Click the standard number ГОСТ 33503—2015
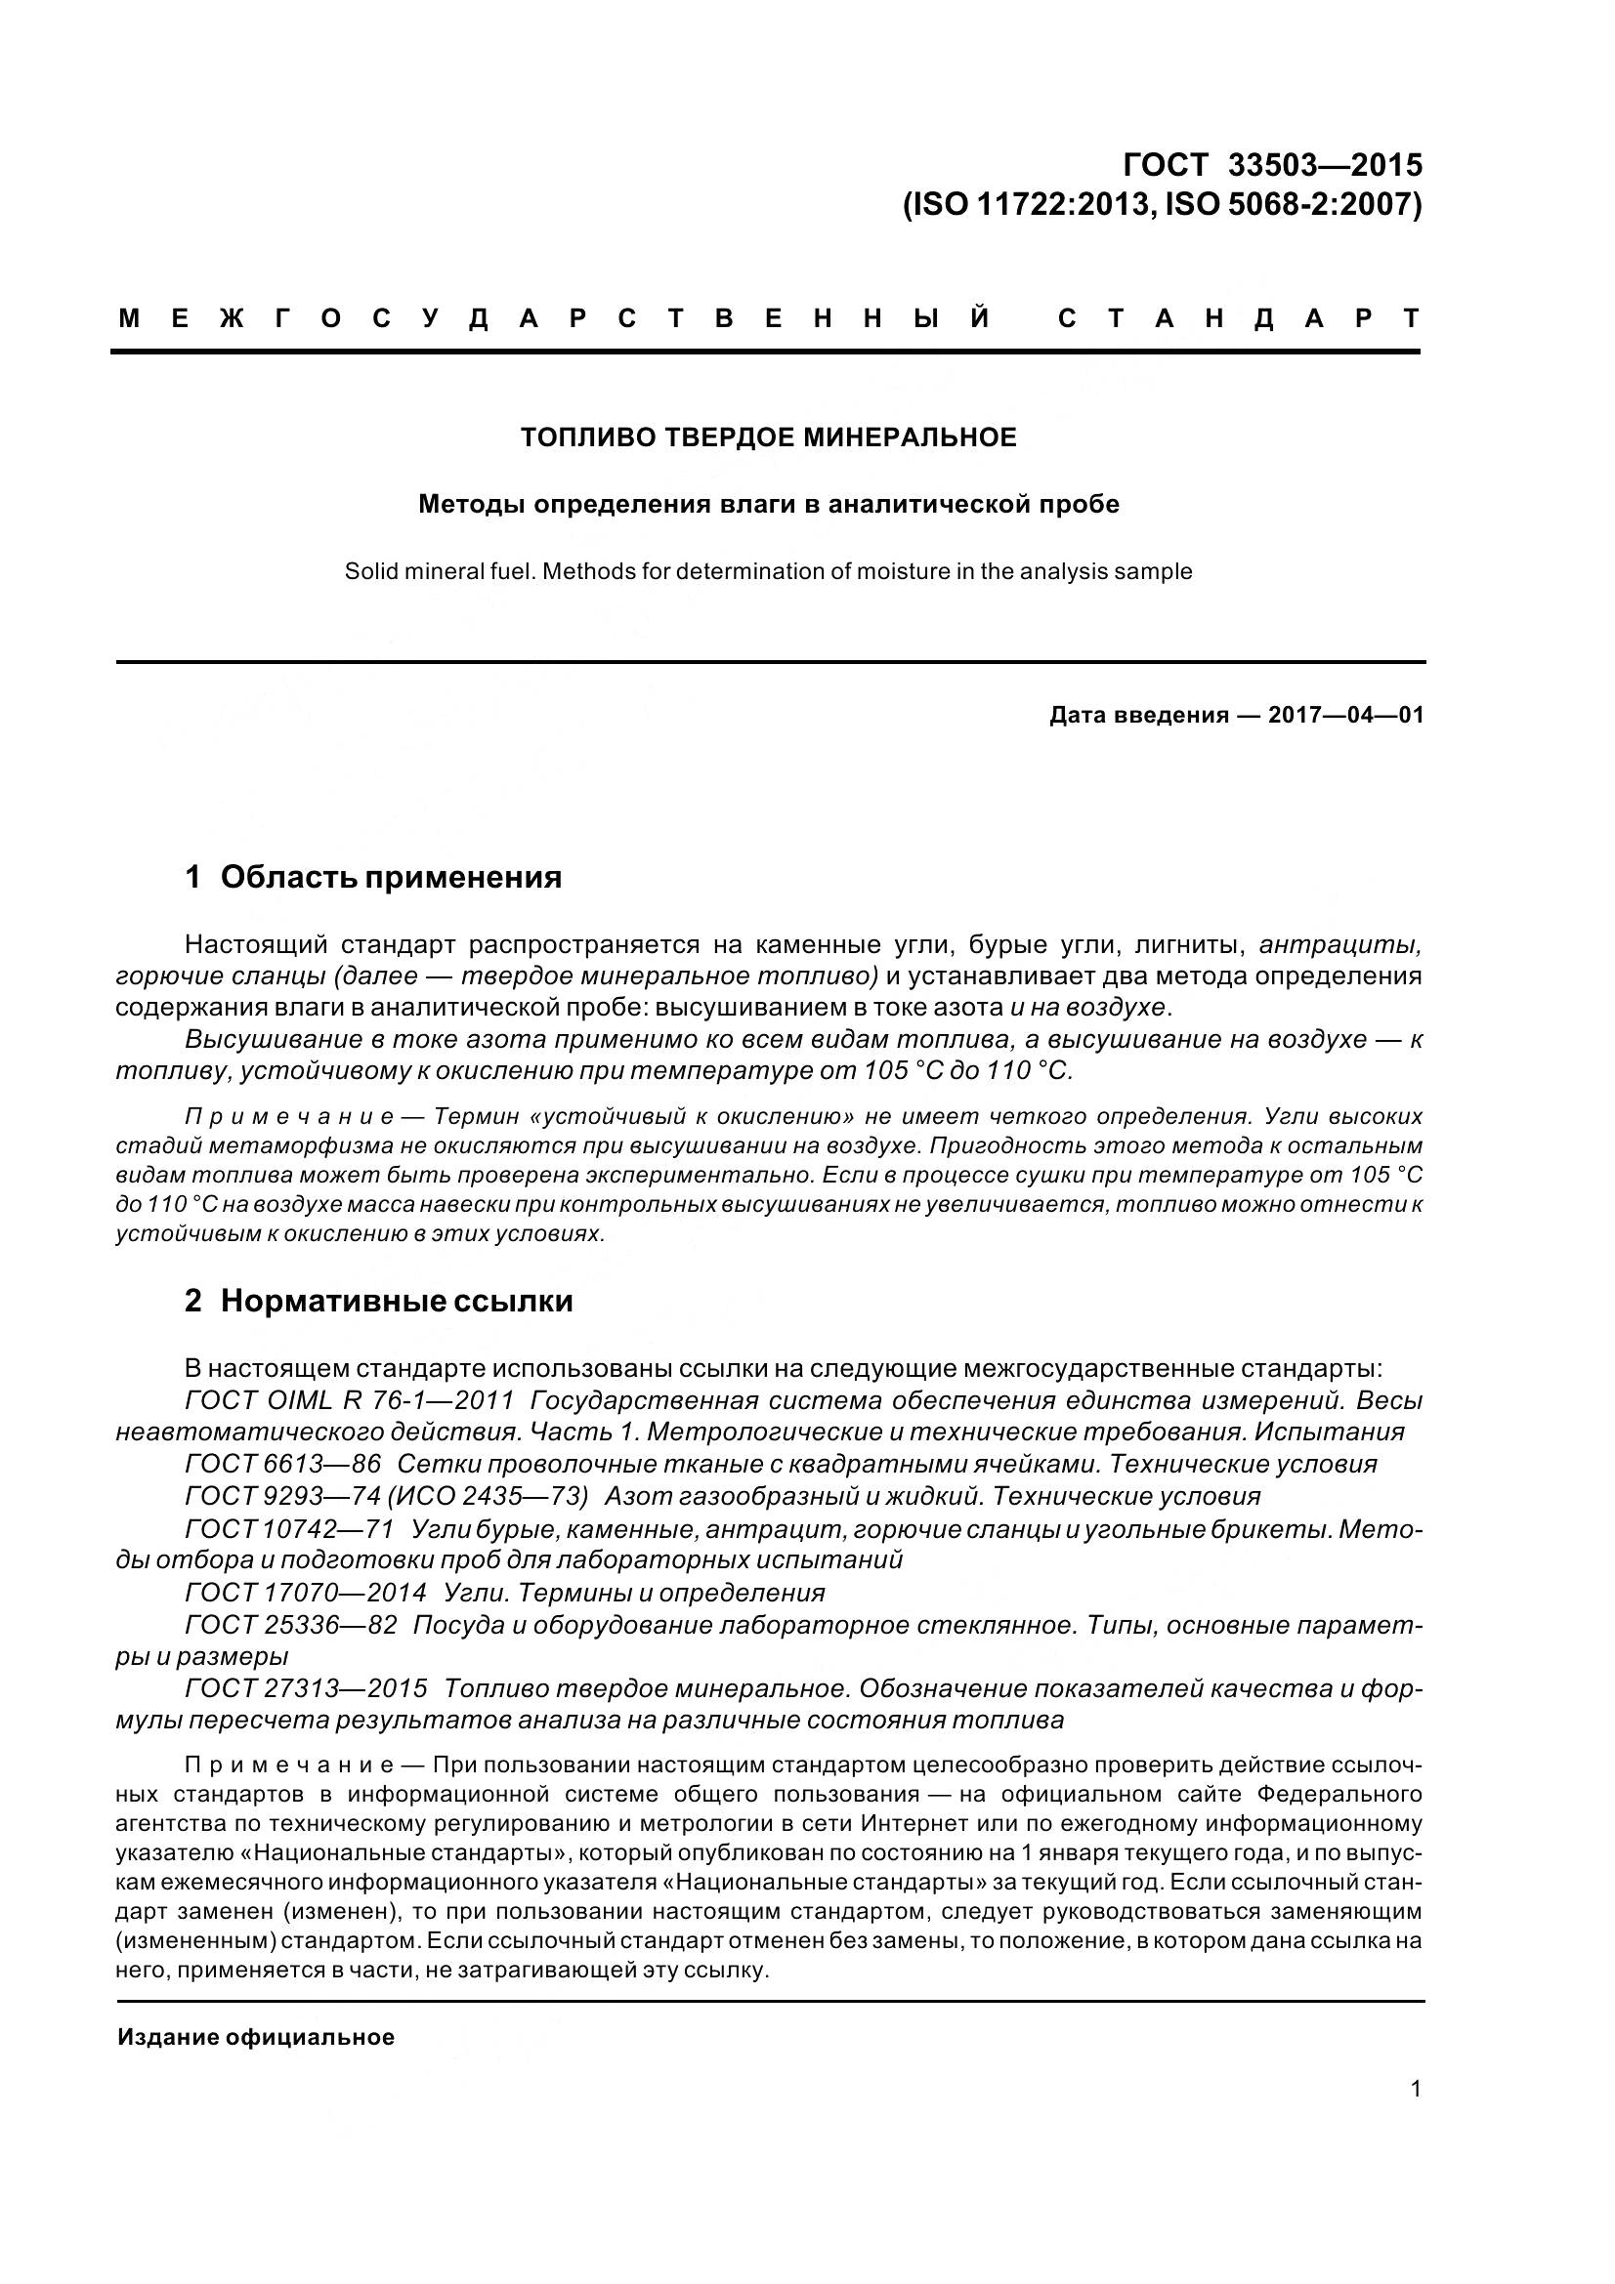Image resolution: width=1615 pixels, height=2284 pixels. pos(1272,164)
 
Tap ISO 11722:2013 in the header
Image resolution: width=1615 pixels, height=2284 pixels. pos(1030,205)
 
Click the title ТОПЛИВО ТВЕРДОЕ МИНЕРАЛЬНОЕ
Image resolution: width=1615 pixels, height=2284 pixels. pos(768,437)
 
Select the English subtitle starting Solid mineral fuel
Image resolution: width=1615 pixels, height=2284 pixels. pos(768,572)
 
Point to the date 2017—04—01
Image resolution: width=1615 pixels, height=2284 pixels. pos(1345,715)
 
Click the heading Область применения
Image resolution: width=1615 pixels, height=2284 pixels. pos(390,878)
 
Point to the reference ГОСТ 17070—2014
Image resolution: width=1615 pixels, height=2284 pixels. pos(306,1594)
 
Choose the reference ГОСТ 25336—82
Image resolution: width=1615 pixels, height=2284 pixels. pos(290,1626)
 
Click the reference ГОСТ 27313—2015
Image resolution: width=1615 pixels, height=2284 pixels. pos(306,1689)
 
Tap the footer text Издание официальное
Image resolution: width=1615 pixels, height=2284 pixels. pos(256,2037)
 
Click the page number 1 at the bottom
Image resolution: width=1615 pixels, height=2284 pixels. pos(1415,2089)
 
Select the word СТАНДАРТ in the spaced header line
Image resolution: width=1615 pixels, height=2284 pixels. pos(1239,319)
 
